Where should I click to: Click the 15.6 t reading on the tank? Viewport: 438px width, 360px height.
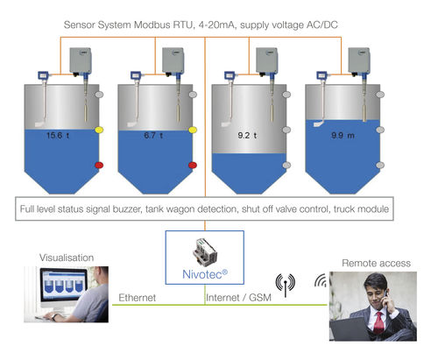coord(58,136)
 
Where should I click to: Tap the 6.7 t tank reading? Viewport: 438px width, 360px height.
coord(153,136)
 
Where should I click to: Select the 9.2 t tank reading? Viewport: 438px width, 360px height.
coord(247,136)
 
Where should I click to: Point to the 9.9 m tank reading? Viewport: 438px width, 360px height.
coord(343,136)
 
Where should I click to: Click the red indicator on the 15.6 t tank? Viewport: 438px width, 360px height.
coord(99,166)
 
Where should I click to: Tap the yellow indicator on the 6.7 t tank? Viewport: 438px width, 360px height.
coord(193,130)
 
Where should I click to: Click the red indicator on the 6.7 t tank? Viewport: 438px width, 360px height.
coord(193,166)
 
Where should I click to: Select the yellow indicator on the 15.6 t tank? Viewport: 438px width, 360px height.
coord(99,130)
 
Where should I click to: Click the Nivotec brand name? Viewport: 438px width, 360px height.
coord(205,274)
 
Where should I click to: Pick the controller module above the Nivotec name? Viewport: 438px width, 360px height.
coord(205,252)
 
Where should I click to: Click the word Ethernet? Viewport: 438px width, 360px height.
coord(137,298)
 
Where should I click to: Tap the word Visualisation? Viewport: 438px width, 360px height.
coord(67,258)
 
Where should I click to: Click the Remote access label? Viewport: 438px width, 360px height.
coord(376,263)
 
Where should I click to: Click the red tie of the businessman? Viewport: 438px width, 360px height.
coord(378,322)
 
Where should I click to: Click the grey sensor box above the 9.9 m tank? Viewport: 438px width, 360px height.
coord(359,60)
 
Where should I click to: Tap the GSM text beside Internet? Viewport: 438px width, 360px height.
coord(260,298)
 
